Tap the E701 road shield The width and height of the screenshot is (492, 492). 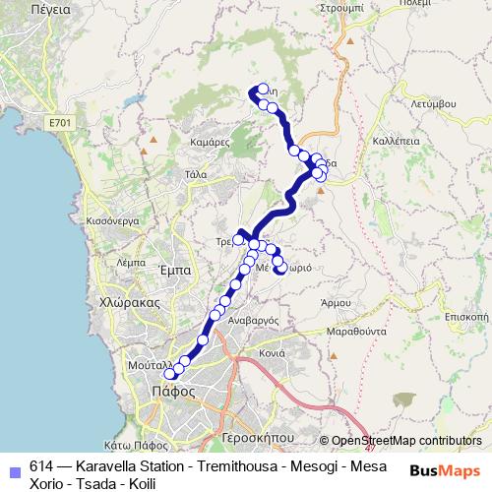(x=57, y=123)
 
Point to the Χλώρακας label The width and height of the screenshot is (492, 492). (x=123, y=303)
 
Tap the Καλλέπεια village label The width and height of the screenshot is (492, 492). (x=397, y=142)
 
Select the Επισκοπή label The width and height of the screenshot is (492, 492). (x=466, y=318)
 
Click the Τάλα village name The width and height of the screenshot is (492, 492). (x=195, y=174)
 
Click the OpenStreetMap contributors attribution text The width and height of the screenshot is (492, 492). (x=406, y=441)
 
